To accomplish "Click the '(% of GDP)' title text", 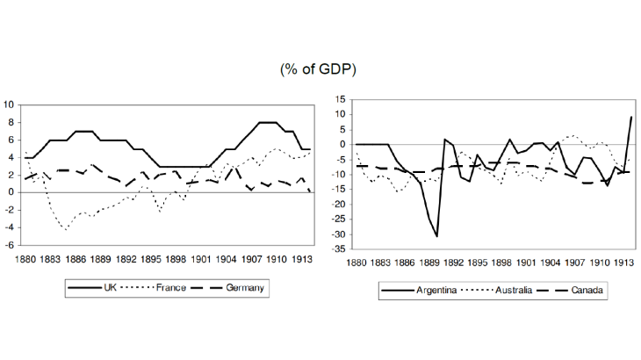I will [x=320, y=68].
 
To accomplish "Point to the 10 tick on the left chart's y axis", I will [x=10, y=104].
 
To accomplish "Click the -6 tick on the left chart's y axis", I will [x=9, y=245].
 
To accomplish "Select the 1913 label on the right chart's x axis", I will [x=623, y=261].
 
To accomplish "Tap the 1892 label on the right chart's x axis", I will [x=452, y=261].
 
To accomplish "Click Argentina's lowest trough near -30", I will [x=436, y=236].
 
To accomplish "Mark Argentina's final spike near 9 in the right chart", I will [x=630, y=118].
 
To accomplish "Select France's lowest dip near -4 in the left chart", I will [x=65, y=229].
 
